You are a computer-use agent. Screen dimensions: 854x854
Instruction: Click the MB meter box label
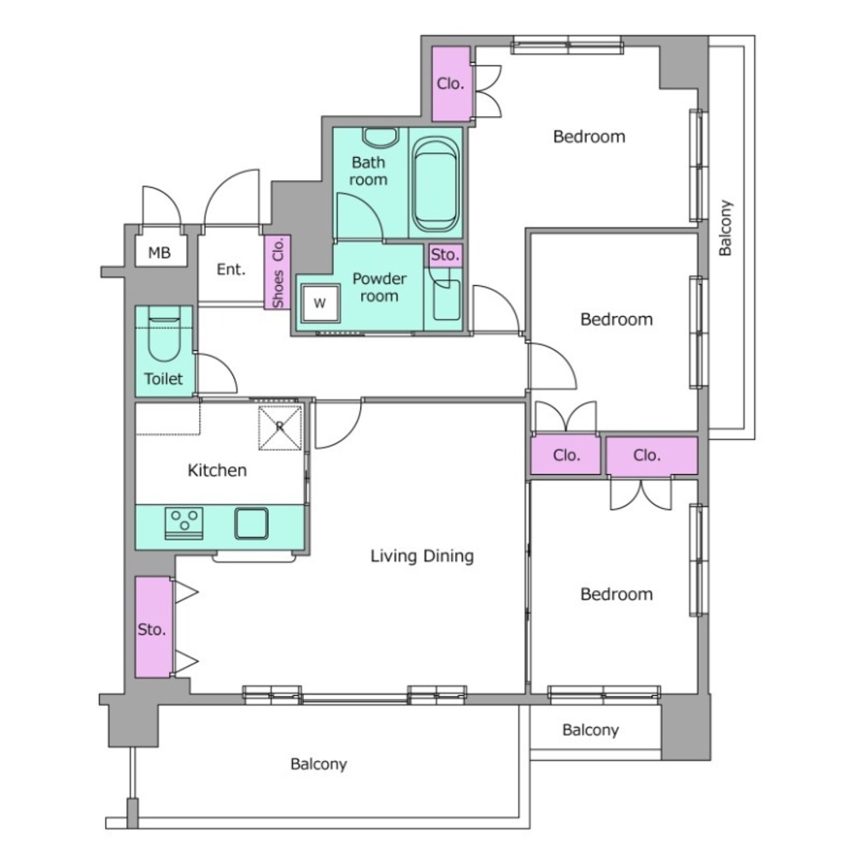pos(160,253)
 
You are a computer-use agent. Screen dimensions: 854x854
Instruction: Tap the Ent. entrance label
pos(231,269)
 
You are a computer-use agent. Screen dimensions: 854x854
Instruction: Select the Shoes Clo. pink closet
pos(278,272)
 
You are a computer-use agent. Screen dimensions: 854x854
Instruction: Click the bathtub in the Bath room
pos(436,184)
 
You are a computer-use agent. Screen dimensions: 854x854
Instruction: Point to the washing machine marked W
pos(319,303)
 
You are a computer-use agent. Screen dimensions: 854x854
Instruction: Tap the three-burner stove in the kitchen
pos(184,524)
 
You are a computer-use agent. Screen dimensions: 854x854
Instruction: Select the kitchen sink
pos(251,524)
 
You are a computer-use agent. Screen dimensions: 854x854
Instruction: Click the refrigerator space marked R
pos(280,428)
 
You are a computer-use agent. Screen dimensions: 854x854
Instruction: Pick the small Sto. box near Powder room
pos(446,254)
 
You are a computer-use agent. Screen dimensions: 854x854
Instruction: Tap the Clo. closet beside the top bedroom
pos(451,84)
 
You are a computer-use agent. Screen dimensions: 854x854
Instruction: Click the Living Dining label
pos(422,556)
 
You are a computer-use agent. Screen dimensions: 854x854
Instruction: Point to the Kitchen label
pos(217,470)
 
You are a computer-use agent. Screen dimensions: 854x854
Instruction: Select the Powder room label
pos(380,287)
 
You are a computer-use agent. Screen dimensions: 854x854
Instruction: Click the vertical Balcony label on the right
pos(725,228)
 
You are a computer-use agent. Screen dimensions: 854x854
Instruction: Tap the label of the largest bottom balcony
pos(319,764)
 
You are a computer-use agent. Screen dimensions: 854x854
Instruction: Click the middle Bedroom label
pos(617,319)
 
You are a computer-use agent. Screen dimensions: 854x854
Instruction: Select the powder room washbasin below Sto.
pos(446,301)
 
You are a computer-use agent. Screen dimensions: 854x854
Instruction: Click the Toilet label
pos(163,378)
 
